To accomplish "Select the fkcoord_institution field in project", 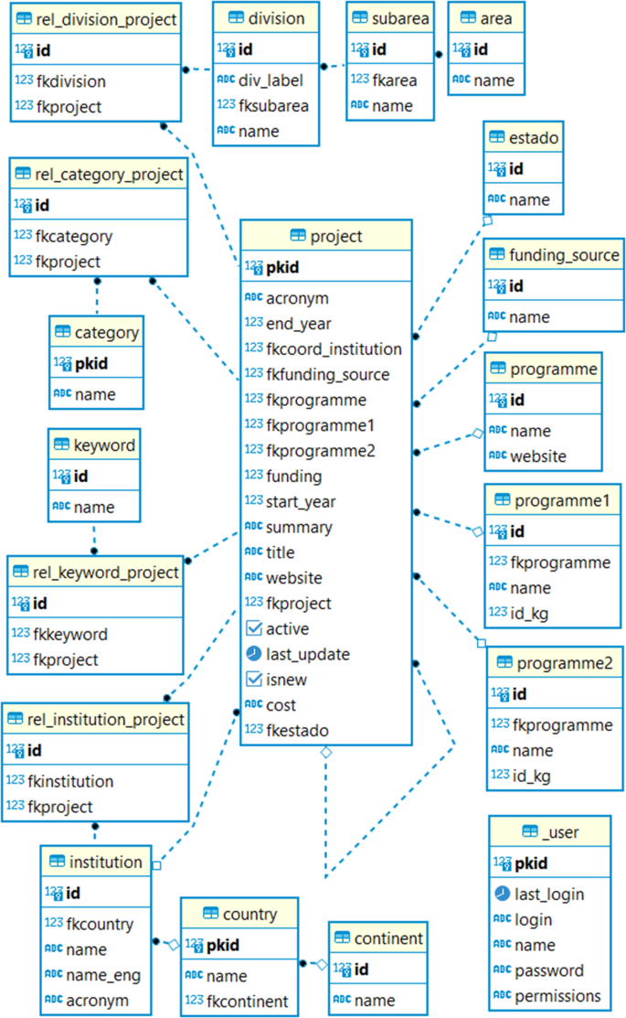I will click(x=334, y=348).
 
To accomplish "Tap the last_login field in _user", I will click(x=548, y=894).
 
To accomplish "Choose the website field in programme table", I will click(x=537, y=455).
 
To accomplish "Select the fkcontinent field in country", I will click(x=247, y=1002).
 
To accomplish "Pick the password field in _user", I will click(x=549, y=970).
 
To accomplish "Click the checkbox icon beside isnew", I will click(x=253, y=680).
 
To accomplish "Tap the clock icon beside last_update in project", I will click(x=253, y=654).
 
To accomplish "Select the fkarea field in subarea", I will click(x=395, y=80).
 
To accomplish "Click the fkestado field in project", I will click(x=297, y=731).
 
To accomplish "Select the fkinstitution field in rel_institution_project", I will click(x=70, y=781).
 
